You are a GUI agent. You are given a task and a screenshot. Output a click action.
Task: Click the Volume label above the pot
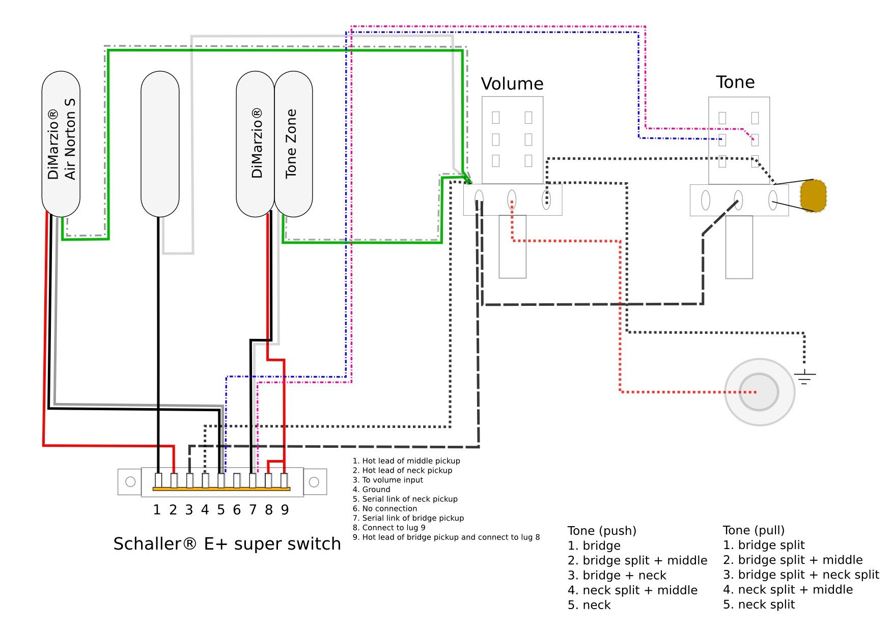(512, 83)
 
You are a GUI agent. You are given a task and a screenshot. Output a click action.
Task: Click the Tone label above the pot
(735, 82)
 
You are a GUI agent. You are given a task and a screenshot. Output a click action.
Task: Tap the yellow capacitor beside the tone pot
(813, 195)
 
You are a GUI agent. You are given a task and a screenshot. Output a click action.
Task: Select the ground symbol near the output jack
(804, 377)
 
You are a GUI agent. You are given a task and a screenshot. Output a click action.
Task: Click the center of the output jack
(759, 392)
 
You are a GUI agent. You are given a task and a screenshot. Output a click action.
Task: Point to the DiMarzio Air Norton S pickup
(61, 144)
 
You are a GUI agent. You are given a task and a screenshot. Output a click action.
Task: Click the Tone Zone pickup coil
(293, 144)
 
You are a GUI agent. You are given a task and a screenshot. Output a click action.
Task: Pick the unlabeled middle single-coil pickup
(159, 144)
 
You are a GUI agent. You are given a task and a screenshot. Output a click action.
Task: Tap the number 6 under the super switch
(237, 510)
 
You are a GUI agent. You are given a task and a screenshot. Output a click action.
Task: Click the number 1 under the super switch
(157, 510)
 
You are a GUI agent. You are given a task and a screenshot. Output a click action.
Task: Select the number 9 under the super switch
(285, 510)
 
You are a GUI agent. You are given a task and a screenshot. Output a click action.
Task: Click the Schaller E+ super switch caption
(227, 544)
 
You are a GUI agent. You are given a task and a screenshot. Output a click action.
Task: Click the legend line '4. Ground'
(371, 490)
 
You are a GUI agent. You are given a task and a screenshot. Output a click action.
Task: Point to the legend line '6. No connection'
(384, 508)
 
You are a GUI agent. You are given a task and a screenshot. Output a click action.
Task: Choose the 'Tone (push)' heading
(602, 531)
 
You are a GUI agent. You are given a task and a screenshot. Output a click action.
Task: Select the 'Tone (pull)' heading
(754, 530)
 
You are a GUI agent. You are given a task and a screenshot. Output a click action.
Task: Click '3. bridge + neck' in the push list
(617, 575)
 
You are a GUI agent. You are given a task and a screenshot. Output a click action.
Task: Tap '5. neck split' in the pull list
(759, 605)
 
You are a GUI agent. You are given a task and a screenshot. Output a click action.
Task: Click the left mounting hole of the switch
(130, 481)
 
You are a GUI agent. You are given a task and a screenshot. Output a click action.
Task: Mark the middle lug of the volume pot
(512, 199)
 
